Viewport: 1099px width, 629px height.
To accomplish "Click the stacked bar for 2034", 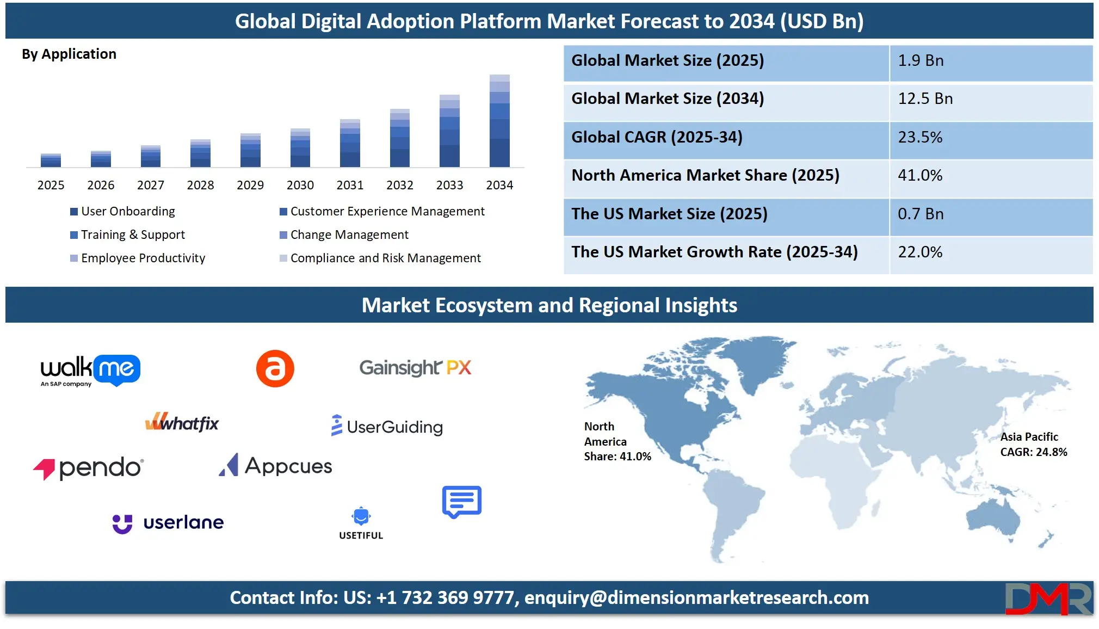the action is (x=499, y=121).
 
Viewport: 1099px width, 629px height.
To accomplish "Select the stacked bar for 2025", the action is (x=51, y=161).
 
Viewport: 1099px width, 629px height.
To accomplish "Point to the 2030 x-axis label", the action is (x=300, y=185).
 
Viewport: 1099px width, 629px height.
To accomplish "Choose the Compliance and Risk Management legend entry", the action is (x=380, y=258).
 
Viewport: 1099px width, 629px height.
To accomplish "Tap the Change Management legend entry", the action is (x=344, y=235).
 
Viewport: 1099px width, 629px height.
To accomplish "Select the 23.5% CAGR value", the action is (x=920, y=137).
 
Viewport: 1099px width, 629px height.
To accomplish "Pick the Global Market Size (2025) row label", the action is (x=668, y=60).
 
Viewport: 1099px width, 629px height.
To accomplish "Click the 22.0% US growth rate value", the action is (x=920, y=252).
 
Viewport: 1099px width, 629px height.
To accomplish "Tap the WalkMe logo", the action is (x=90, y=371).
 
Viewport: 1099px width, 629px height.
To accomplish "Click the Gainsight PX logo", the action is (x=415, y=368).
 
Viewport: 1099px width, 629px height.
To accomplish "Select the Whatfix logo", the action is (x=182, y=422).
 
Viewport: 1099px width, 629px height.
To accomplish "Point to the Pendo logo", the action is (x=88, y=468).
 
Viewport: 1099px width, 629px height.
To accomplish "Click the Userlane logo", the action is (x=168, y=523).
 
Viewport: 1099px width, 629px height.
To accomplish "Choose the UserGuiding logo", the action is (x=387, y=426).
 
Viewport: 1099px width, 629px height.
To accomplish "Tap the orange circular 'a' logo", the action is (x=275, y=368).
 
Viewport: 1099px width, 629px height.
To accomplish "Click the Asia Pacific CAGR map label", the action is (x=1034, y=445).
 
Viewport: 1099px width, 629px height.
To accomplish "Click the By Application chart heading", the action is (x=69, y=54).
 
